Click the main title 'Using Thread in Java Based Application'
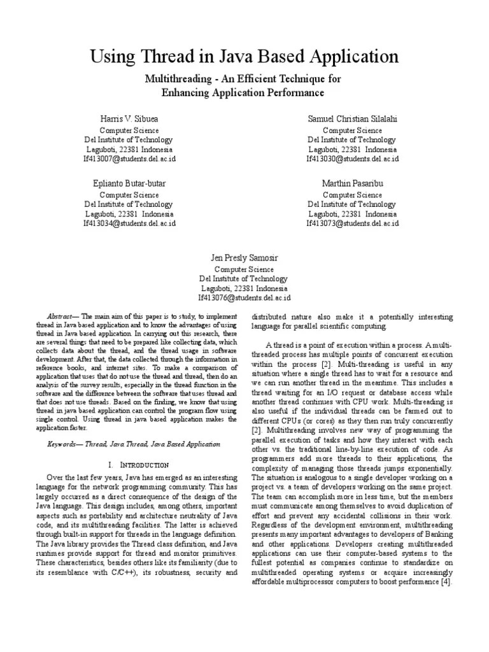click(x=244, y=57)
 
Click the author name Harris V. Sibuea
click(x=129, y=119)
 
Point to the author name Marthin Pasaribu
click(x=352, y=183)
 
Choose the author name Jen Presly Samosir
click(x=244, y=258)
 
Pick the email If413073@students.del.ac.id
click(x=352, y=223)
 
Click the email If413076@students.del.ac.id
click(x=244, y=297)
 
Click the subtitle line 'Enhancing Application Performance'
click(x=243, y=93)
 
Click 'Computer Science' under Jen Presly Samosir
click(x=244, y=269)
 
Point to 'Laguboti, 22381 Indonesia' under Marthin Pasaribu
click(x=352, y=215)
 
